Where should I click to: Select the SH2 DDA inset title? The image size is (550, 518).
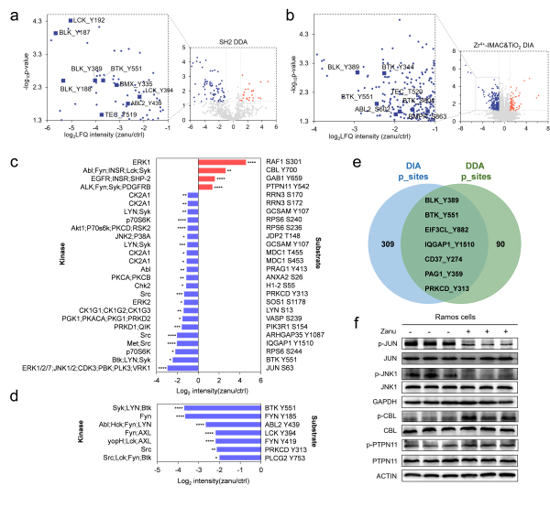(236, 42)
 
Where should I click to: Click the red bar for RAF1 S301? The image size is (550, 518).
(222, 163)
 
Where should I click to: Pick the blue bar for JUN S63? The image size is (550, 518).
(182, 369)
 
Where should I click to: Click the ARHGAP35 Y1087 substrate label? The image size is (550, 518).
(295, 335)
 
